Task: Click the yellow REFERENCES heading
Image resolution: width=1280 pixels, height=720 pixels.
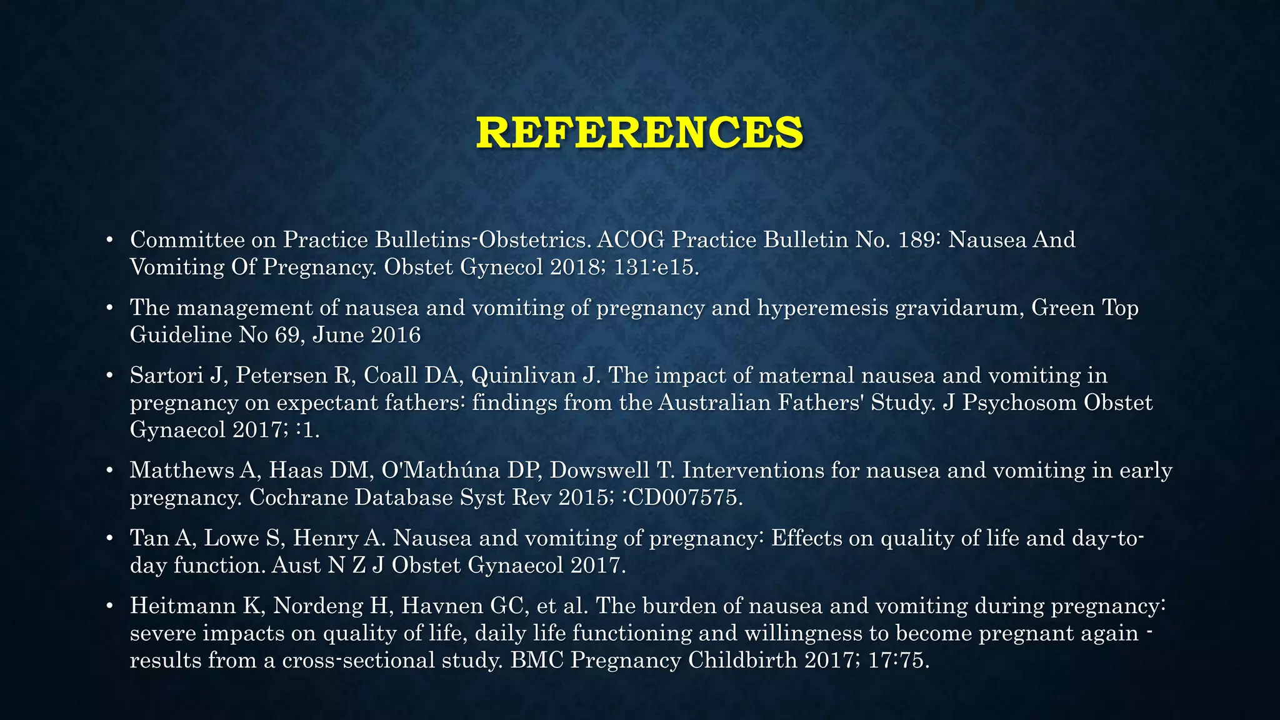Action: pos(639,132)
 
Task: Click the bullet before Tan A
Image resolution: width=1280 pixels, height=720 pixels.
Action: pos(109,539)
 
